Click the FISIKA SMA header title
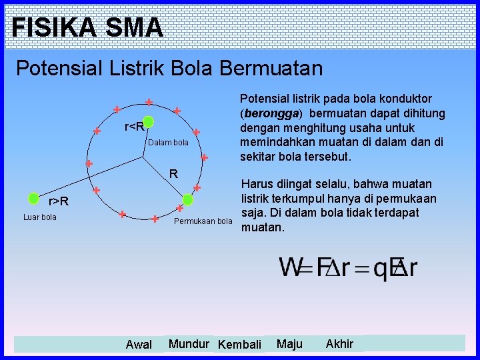(x=87, y=27)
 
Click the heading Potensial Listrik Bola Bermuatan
(x=169, y=68)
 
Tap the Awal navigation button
(x=139, y=345)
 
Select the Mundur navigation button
(x=190, y=344)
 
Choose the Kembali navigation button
(x=240, y=345)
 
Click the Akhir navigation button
(x=339, y=344)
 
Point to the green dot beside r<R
(x=149, y=122)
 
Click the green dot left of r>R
(x=33, y=198)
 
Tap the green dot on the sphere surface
(x=188, y=199)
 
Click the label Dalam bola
(x=168, y=143)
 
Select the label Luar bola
(x=40, y=217)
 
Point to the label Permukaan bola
(x=203, y=221)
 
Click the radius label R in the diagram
(x=173, y=174)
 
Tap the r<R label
(x=134, y=127)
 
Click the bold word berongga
(x=271, y=113)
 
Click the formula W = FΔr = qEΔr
(x=348, y=267)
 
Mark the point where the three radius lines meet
(x=143, y=158)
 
